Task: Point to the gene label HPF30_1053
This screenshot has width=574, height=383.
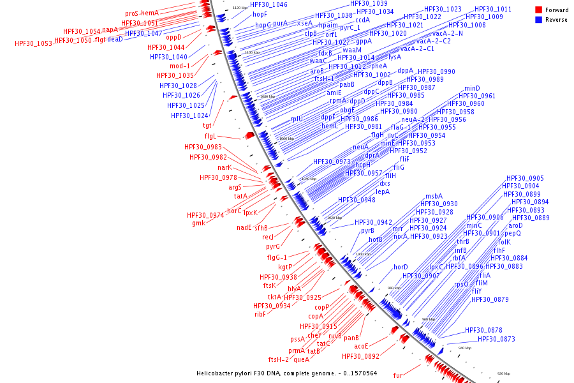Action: [33, 43]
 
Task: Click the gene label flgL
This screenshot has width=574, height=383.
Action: [210, 136]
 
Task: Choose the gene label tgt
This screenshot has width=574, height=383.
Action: [207, 125]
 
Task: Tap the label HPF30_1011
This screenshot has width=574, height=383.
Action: [492, 9]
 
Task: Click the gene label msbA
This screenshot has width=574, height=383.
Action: [434, 196]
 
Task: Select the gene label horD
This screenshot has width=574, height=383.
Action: [401, 267]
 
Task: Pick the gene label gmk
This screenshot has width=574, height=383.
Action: [198, 223]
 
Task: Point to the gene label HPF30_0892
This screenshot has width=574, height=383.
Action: [360, 356]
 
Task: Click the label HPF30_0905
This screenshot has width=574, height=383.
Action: [525, 178]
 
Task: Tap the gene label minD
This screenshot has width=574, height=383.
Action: [472, 88]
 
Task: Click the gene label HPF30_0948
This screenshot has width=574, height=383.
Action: [357, 200]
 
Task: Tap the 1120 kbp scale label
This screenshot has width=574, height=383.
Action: [240, 8]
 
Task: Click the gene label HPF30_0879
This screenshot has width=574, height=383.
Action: [490, 299]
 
